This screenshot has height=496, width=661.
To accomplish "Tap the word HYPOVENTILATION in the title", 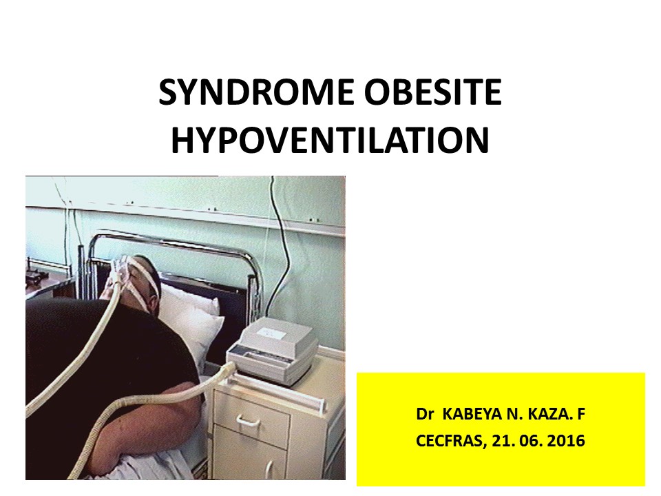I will tap(330, 141).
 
